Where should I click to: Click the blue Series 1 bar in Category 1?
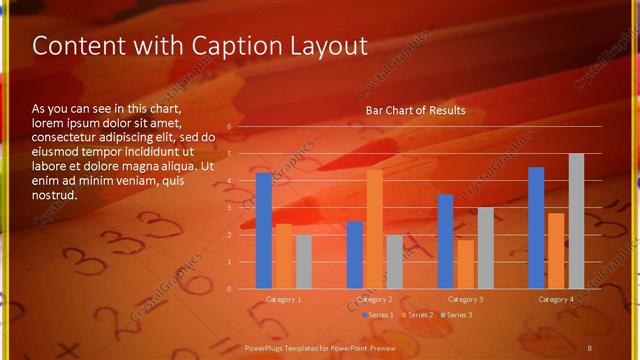pos(263,230)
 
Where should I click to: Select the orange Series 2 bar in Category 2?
pos(374,228)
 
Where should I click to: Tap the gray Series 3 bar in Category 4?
pos(576,220)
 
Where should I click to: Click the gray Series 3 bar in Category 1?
pos(303,261)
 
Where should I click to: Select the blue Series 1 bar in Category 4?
pos(536,227)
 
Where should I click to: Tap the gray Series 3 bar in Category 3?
pos(485,247)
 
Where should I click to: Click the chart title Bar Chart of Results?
pos(416,110)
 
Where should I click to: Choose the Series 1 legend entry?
pos(377,315)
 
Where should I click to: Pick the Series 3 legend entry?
pos(456,315)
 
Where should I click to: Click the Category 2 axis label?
pos(374,299)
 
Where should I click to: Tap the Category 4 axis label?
pos(556,299)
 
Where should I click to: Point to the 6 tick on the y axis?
pos(229,127)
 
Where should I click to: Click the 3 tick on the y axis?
pos(229,208)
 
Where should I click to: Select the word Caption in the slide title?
pos(222,46)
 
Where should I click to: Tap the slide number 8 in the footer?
pos(589,346)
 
